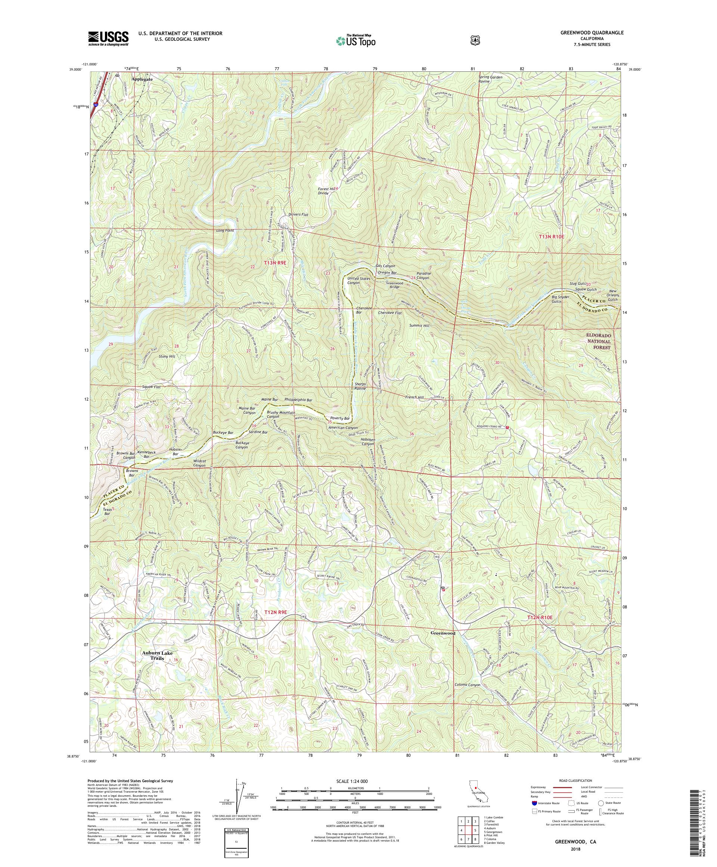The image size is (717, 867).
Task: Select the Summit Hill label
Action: point(419,326)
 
